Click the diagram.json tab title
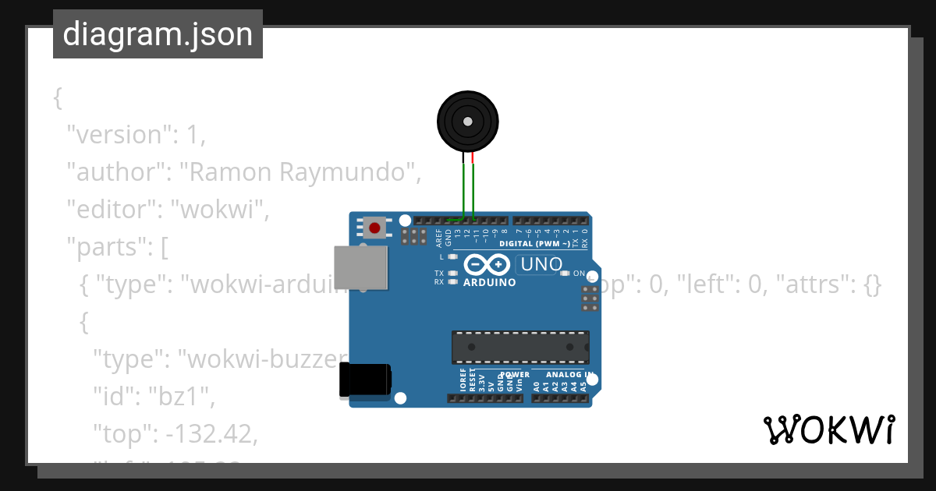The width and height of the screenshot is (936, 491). [158, 34]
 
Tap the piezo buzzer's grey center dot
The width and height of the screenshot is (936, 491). [467, 122]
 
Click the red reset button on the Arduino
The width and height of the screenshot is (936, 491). [375, 228]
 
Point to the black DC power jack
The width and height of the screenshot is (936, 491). [365, 381]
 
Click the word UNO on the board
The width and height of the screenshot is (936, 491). [541, 264]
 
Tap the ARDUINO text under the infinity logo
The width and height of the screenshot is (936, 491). [489, 282]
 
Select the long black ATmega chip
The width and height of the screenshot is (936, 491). [520, 347]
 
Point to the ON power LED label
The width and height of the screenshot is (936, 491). [579, 274]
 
